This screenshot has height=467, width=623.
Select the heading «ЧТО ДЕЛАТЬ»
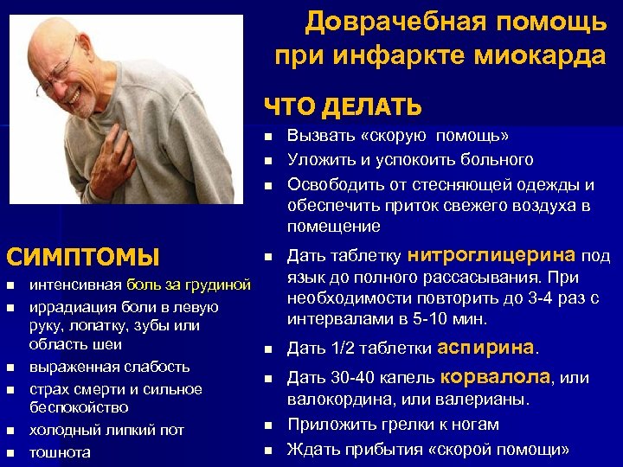(x=344, y=107)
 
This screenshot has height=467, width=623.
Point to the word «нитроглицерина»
(x=491, y=255)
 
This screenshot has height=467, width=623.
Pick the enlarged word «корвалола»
(x=496, y=377)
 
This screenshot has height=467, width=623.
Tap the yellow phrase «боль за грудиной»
(x=189, y=284)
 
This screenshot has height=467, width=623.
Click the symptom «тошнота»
(x=60, y=451)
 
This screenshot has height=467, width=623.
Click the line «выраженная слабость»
(x=109, y=366)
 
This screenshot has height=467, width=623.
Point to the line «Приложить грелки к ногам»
(x=393, y=425)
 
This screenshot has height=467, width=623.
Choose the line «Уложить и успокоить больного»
(x=410, y=159)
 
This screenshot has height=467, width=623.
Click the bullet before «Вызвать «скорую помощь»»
(x=269, y=137)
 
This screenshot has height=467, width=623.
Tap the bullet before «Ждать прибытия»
(x=269, y=450)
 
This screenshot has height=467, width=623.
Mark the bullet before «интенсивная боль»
(x=10, y=285)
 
